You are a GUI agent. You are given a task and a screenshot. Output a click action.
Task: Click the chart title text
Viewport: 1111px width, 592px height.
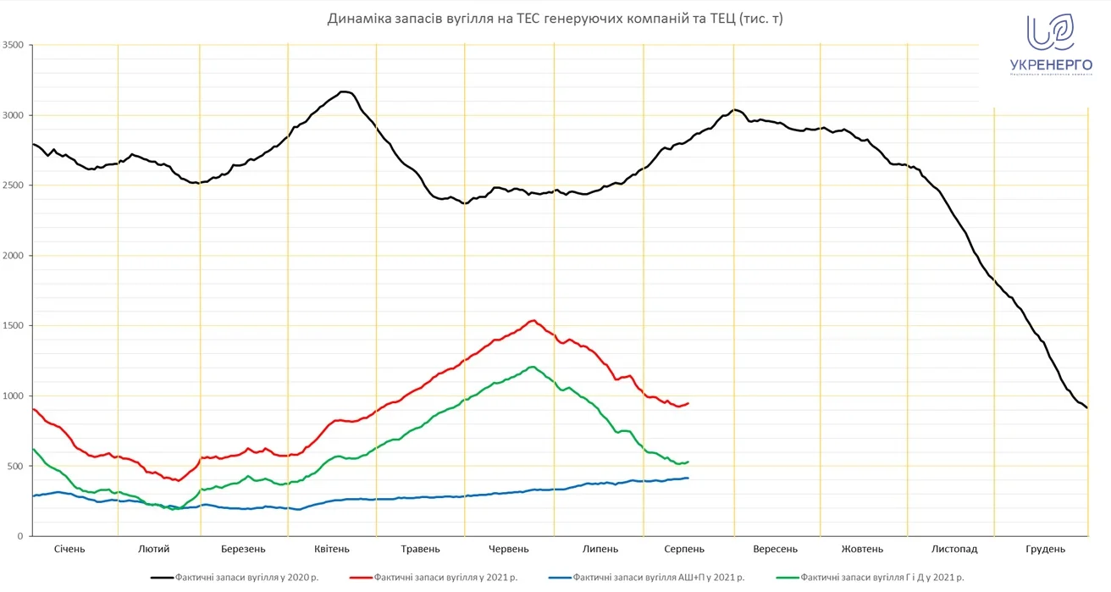(555, 19)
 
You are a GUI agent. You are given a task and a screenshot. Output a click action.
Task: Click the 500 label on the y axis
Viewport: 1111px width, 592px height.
(16, 467)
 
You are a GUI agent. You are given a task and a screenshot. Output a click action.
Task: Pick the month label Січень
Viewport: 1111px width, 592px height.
(69, 549)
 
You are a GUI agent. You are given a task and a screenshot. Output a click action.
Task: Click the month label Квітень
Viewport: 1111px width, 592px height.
(331, 549)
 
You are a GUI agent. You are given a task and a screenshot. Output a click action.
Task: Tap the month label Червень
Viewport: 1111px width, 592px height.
(508, 549)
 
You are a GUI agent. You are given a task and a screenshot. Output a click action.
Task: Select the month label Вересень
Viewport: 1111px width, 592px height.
(775, 549)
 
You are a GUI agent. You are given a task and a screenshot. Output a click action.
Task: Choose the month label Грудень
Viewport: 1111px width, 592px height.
(1045, 549)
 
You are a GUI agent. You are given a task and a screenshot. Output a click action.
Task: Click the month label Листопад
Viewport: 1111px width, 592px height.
(954, 549)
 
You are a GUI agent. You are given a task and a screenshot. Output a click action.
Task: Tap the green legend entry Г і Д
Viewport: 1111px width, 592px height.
(876, 578)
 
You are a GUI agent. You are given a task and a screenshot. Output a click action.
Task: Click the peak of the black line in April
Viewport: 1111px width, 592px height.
(344, 91)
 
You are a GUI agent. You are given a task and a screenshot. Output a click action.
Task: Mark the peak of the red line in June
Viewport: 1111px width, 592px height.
(533, 320)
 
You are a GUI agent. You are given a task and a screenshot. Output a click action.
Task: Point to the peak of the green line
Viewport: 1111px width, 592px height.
(532, 367)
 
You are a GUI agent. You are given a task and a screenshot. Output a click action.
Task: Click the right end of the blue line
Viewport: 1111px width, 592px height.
(688, 479)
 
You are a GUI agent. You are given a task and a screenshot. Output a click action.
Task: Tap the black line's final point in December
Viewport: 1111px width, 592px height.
(1086, 407)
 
